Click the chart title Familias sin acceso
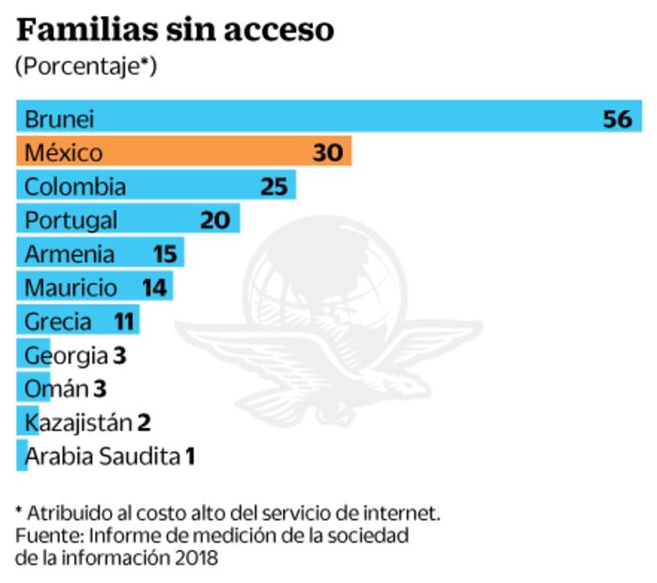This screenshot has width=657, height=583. [x=176, y=30]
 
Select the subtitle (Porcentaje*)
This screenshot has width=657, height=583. [x=86, y=67]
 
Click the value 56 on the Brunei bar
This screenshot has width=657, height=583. [x=618, y=118]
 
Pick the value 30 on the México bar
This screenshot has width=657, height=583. [x=329, y=152]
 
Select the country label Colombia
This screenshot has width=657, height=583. [x=75, y=186]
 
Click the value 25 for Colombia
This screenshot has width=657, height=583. [x=274, y=186]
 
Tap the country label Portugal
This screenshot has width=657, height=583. [x=71, y=221]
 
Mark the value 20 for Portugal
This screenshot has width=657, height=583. [x=215, y=220]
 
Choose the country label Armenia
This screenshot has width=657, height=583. [x=70, y=254]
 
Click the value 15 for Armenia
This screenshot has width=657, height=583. [x=164, y=254]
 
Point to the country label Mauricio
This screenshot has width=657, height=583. [x=71, y=288]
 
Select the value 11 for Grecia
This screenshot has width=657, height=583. [x=124, y=322]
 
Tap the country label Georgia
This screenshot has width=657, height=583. [x=66, y=355]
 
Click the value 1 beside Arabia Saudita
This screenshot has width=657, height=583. [x=190, y=457]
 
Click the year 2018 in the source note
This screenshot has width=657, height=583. [x=196, y=557]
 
